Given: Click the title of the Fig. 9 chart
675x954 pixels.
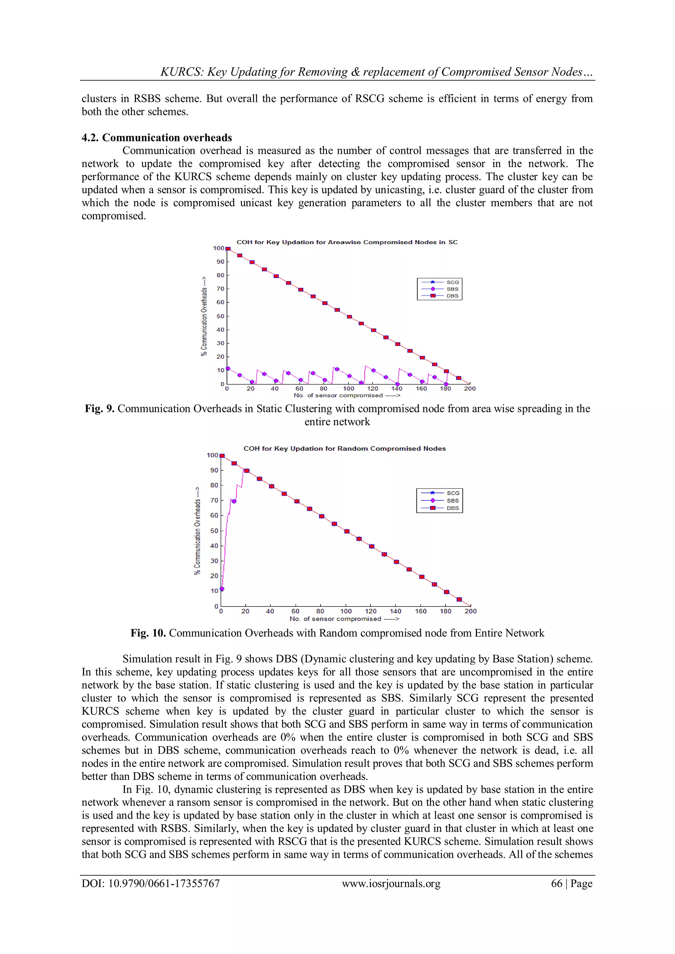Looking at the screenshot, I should (x=347, y=242).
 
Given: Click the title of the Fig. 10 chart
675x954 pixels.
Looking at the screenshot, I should (x=344, y=448).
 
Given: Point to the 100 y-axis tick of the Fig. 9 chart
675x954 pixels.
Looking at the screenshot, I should (x=218, y=248).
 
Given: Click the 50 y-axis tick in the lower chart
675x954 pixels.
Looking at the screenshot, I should (x=214, y=531).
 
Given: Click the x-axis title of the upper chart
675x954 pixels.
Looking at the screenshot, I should (x=347, y=395).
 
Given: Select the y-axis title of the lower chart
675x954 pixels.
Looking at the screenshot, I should (x=197, y=531).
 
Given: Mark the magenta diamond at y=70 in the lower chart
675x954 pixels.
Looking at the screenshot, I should (x=234, y=501).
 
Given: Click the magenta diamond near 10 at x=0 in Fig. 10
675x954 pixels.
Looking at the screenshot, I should (x=222, y=589).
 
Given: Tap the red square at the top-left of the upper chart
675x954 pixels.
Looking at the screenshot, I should (x=228, y=249).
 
